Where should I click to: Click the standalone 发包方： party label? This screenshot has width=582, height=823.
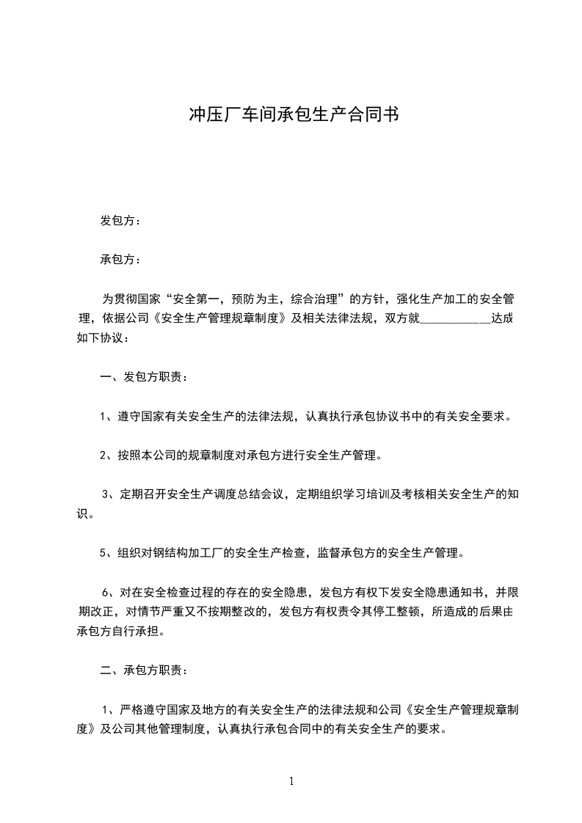tap(120, 220)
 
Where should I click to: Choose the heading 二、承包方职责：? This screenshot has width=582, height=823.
tap(144, 670)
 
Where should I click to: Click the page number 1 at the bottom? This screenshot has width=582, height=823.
tap(291, 781)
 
